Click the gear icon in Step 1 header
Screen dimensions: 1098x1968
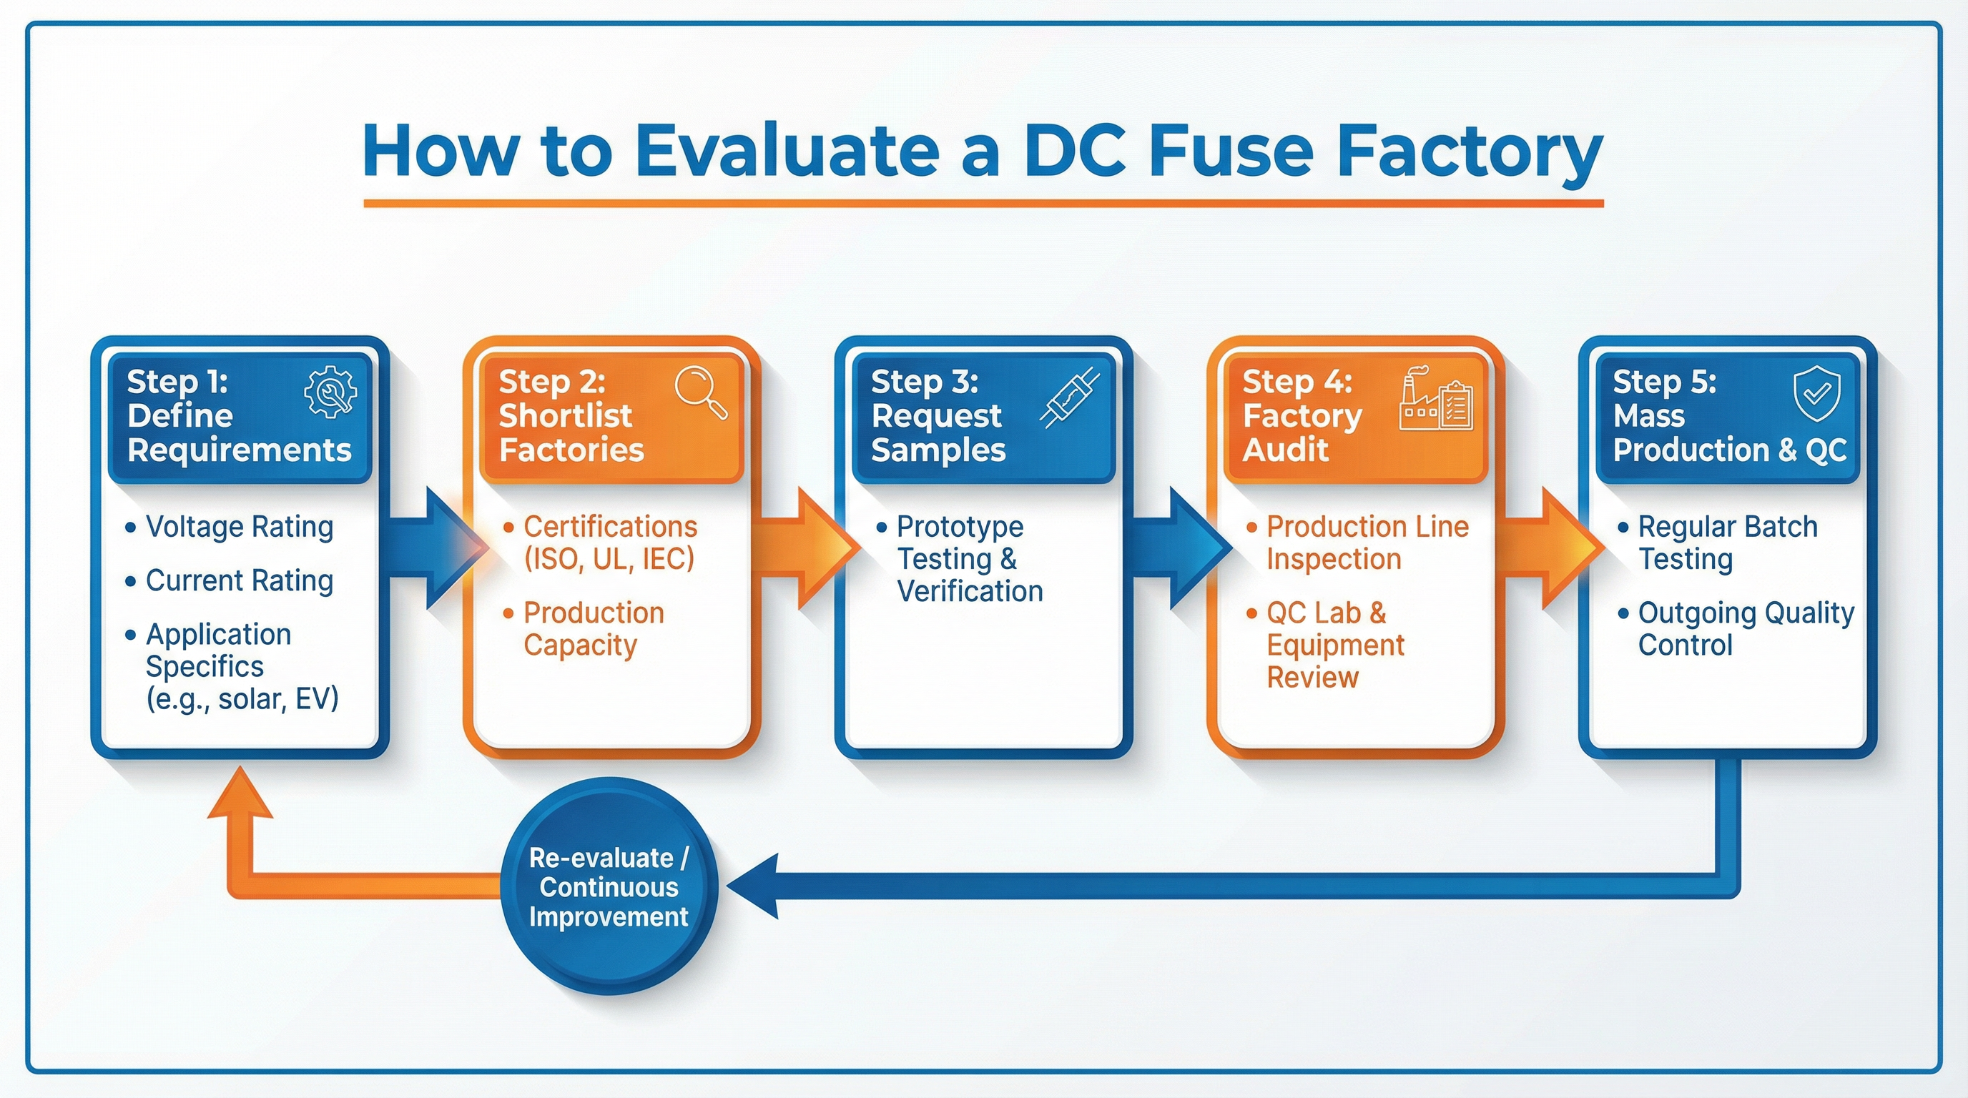pyautogui.click(x=330, y=392)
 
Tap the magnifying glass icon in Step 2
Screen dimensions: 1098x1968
pyautogui.click(x=701, y=392)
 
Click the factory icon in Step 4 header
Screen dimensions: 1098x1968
pyautogui.click(x=1435, y=399)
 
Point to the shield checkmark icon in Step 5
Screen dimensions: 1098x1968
pyautogui.click(x=1816, y=394)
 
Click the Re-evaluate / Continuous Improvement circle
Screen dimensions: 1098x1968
pyautogui.click(x=609, y=886)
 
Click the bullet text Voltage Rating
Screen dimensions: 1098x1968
pyautogui.click(x=239, y=527)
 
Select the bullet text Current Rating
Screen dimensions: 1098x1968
pyautogui.click(x=239, y=580)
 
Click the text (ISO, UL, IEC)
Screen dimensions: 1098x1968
pyautogui.click(x=609, y=559)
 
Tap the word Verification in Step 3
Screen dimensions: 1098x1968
pyautogui.click(x=970, y=592)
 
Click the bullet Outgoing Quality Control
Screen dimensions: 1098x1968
pyautogui.click(x=1745, y=628)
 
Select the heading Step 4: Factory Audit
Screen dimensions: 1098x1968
pyautogui.click(x=1302, y=415)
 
